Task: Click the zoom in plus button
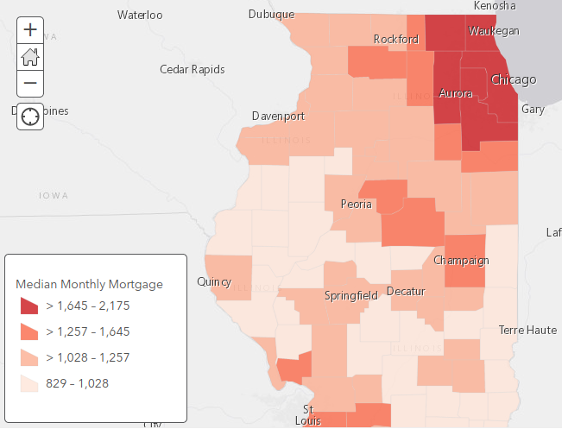point(30,29)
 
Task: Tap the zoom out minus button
point(30,83)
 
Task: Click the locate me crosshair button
point(30,117)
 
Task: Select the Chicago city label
point(513,80)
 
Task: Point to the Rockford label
point(396,39)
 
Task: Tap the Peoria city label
point(357,205)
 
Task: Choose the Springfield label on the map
point(350,295)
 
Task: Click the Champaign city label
point(461,261)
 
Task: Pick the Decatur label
point(406,292)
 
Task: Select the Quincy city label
point(214,281)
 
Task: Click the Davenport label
point(278,116)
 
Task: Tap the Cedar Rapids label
point(193,69)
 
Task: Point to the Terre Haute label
point(527,331)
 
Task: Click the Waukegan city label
point(494,31)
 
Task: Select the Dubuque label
point(271,14)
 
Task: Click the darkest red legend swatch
point(29,306)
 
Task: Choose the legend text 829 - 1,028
point(78,383)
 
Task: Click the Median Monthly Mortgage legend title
point(89,284)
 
